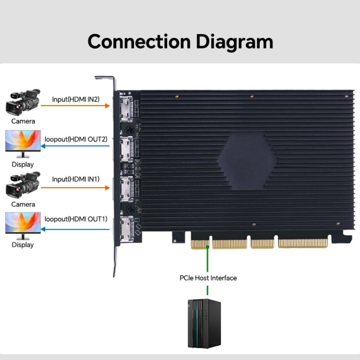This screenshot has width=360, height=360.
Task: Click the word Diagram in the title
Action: pos(234,42)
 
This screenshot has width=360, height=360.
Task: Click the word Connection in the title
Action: pos(139,42)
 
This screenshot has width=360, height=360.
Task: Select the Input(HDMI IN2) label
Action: pos(76,99)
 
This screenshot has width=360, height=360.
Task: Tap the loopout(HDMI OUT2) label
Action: pos(76,139)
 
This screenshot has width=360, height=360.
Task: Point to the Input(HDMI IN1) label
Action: pos(76,179)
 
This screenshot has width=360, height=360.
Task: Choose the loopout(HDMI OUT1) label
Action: pos(76,219)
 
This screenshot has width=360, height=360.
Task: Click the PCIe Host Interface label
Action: pos(208,278)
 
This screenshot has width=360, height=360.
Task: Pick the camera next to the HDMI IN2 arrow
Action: pos(23,102)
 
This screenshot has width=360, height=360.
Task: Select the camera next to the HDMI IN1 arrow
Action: pos(23,185)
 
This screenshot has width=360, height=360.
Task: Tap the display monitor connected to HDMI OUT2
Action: pos(23,144)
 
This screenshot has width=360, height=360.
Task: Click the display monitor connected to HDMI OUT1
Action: pos(23,226)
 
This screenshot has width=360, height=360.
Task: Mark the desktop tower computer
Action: pos(204,324)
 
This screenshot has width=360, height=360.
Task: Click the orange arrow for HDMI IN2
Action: pos(75,106)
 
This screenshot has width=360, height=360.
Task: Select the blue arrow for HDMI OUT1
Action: pos(75,229)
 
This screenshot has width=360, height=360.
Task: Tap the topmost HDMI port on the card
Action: pos(126,109)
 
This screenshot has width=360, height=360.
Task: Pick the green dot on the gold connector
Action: pos(207,247)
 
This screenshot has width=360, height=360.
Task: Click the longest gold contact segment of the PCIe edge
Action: pos(303,243)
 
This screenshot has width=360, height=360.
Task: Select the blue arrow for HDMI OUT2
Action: pos(75,146)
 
